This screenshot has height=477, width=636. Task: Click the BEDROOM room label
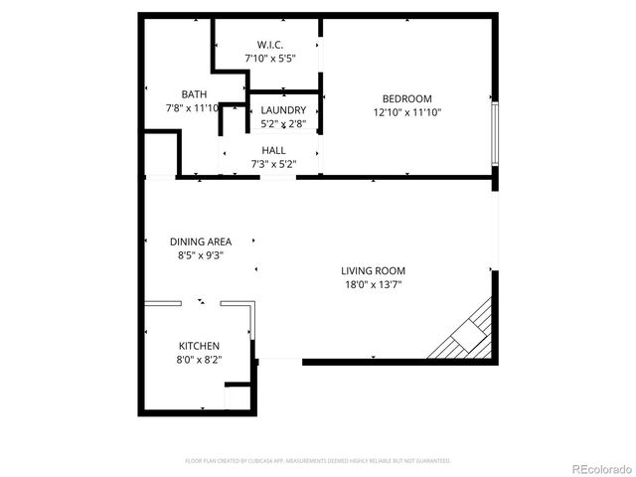click(x=407, y=98)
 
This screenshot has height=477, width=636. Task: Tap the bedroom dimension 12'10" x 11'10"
click(x=407, y=112)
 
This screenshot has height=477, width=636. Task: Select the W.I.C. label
click(x=270, y=45)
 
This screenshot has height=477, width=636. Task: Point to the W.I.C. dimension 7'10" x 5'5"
click(x=270, y=59)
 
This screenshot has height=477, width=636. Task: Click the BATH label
click(x=194, y=93)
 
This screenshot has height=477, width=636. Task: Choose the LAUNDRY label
click(x=283, y=110)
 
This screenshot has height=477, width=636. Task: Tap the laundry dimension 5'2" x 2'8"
click(x=283, y=124)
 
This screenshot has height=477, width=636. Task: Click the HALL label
click(x=273, y=150)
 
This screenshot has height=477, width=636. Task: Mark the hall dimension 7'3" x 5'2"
click(x=273, y=164)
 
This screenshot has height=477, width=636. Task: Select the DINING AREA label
click(x=201, y=241)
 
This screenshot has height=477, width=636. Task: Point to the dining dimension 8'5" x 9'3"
click(x=201, y=255)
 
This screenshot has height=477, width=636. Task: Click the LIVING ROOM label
click(x=373, y=270)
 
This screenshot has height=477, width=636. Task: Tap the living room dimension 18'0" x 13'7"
click(x=373, y=284)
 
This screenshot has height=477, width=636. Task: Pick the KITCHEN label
click(x=200, y=346)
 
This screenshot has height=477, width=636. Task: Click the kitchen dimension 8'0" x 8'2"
click(x=200, y=360)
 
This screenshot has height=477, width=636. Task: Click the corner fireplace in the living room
click(x=465, y=333)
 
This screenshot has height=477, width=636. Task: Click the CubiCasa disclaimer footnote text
click(x=318, y=461)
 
